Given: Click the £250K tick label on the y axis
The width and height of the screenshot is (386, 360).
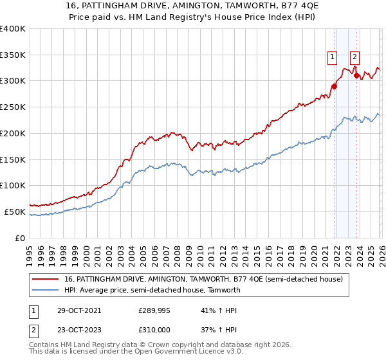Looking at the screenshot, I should coord(13,107).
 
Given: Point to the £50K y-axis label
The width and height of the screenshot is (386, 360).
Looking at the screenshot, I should coord(15,212).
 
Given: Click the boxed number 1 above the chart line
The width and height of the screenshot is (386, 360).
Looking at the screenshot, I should coord(333,57).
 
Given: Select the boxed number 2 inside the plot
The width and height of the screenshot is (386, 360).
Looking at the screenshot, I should coord(354,57).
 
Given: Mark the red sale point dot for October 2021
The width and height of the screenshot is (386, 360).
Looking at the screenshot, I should coord(334,86).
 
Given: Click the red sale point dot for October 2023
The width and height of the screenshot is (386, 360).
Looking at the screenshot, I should coord(356,76).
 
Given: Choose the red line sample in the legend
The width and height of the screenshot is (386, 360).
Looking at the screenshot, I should coord(46,279).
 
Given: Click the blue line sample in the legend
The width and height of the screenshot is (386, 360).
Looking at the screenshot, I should coord(46,290).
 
